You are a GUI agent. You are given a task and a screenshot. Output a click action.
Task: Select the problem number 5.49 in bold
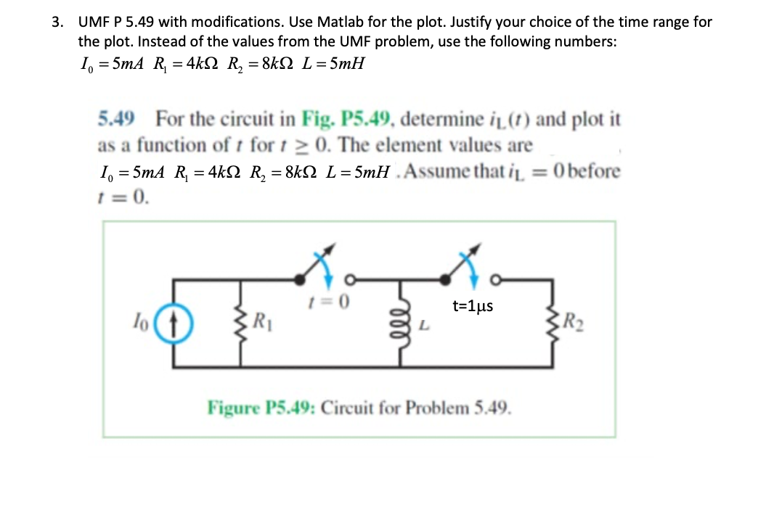(118, 118)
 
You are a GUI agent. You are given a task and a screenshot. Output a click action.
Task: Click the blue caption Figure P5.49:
(262, 406)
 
